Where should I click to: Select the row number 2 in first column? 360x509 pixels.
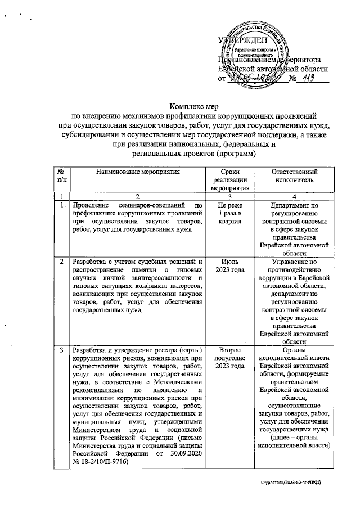point(60,262)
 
